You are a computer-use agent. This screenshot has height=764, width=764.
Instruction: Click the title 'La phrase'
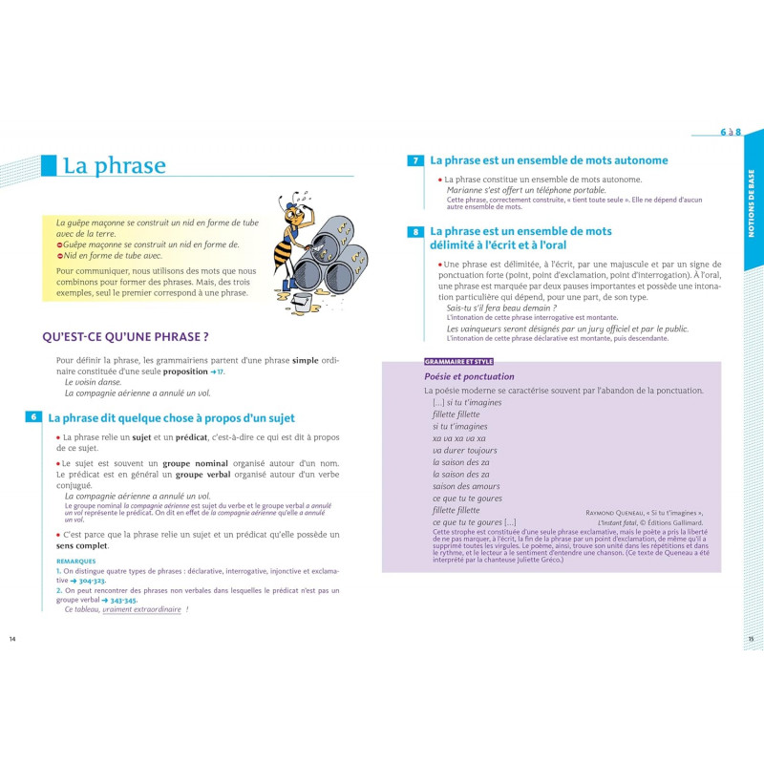114,165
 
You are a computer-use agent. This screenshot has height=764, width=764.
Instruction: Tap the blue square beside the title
49,165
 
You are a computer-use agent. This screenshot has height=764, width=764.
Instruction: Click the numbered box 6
33,417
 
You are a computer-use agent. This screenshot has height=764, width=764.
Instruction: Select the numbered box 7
415,161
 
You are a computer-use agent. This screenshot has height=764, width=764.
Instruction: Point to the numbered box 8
415,232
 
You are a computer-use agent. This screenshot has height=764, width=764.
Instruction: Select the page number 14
12,638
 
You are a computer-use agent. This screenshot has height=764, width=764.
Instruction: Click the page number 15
751,638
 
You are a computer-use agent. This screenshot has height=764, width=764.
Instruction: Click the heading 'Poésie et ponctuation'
469,376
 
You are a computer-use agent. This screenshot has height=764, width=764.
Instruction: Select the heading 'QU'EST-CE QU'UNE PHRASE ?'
126,336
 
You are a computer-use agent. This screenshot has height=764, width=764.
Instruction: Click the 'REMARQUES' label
75,562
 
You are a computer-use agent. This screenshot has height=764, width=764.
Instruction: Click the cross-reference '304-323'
88,581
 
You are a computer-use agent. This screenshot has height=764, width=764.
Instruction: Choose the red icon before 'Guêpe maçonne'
60,244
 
